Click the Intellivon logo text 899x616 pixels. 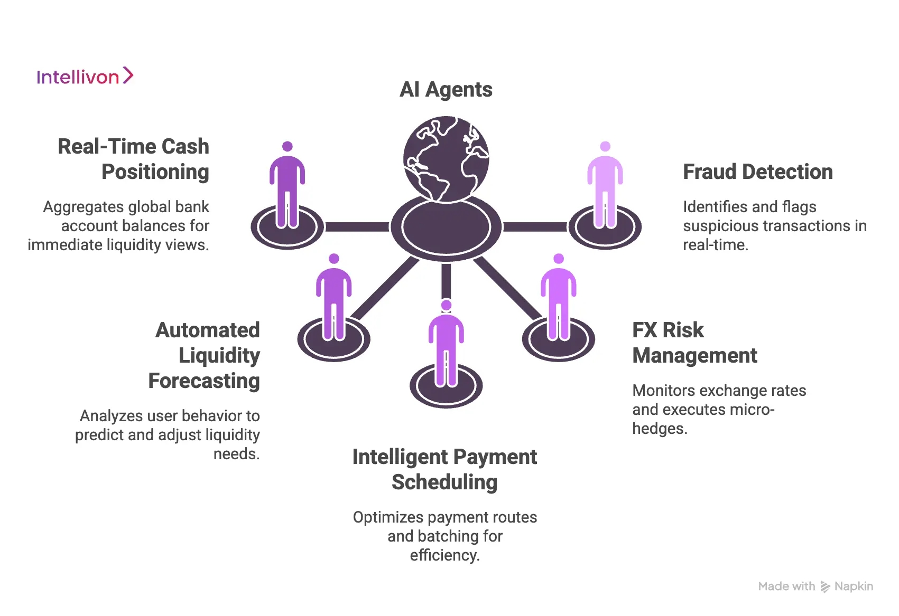pyautogui.click(x=78, y=77)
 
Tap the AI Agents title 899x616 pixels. pyautogui.click(x=446, y=89)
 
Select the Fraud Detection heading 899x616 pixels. pyautogui.click(x=757, y=172)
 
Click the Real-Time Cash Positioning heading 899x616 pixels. pyautogui.click(x=133, y=159)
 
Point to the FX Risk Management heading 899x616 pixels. pyautogui.click(x=694, y=343)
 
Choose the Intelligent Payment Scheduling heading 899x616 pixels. pyautogui.click(x=444, y=469)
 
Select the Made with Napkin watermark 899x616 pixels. pyautogui.click(x=815, y=586)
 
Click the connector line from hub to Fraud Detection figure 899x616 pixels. pyautogui.click(x=535, y=227)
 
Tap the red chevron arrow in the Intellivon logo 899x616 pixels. pyautogui.click(x=128, y=75)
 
